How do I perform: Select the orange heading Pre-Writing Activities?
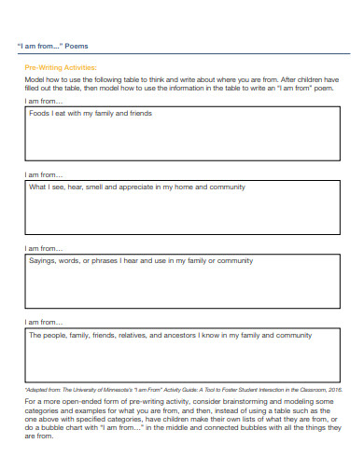pyautogui.click(x=60, y=68)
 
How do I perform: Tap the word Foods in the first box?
pyautogui.click(x=39, y=114)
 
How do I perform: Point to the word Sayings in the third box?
pyautogui.click(x=43, y=261)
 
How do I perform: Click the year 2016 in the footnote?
pyautogui.click(x=334, y=389)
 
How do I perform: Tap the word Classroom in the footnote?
pyautogui.click(x=307, y=389)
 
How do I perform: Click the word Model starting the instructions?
pyautogui.click(x=35, y=80)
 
